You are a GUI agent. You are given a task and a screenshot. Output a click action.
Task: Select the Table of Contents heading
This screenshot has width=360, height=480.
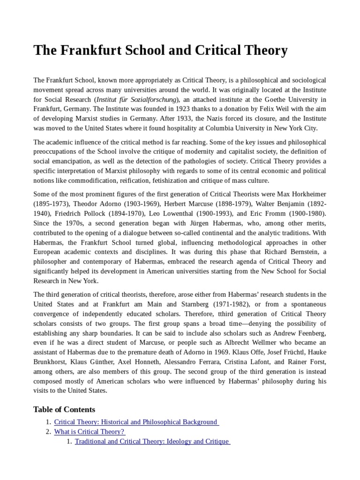point(64,409)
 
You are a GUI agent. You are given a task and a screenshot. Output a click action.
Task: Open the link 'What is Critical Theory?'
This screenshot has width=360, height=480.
point(90,432)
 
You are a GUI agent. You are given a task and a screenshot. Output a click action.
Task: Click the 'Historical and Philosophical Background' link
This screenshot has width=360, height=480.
point(136,422)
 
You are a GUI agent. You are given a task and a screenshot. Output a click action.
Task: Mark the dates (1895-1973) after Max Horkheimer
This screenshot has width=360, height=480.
point(52,204)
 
